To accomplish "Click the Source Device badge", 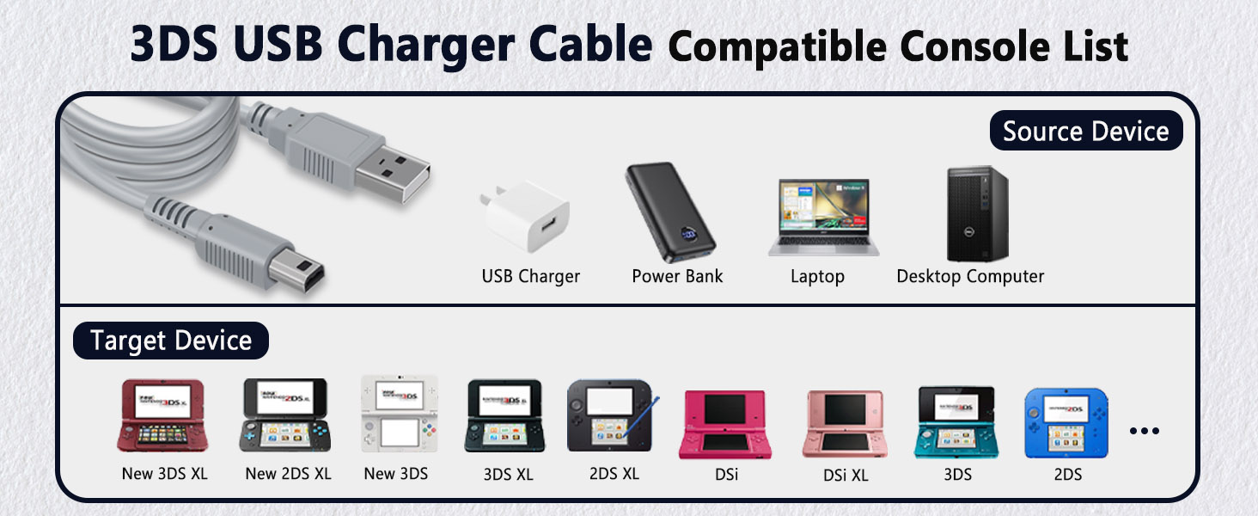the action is (1086, 131).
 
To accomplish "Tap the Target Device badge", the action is (171, 341).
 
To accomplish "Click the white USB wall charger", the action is (525, 216).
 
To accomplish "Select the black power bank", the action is (670, 212).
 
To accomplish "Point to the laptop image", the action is (824, 217).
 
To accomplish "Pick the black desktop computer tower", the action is (978, 213).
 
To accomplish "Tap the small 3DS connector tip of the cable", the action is (297, 271).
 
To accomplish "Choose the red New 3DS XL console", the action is (163, 415).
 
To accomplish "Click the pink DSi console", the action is (725, 425).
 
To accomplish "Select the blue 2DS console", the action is (1066, 423).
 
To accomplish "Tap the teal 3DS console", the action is (956, 422).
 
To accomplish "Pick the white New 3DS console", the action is (400, 414).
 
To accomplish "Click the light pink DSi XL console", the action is (845, 424).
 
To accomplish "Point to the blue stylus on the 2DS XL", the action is (641, 417).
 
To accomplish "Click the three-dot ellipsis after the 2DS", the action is (1144, 431).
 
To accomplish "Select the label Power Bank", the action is (677, 276).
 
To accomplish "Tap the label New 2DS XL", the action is (288, 474).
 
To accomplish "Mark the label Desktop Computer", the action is (970, 277).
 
